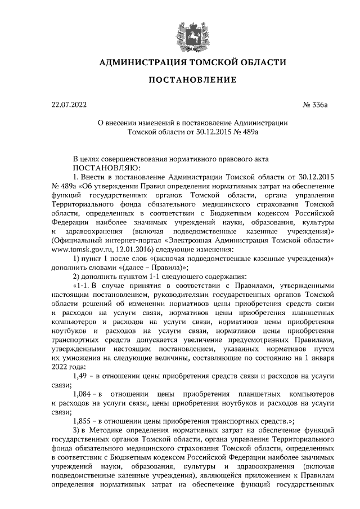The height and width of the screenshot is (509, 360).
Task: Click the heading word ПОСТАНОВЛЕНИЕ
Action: click(192, 80)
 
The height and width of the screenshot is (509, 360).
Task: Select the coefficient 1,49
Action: click(83, 375)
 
